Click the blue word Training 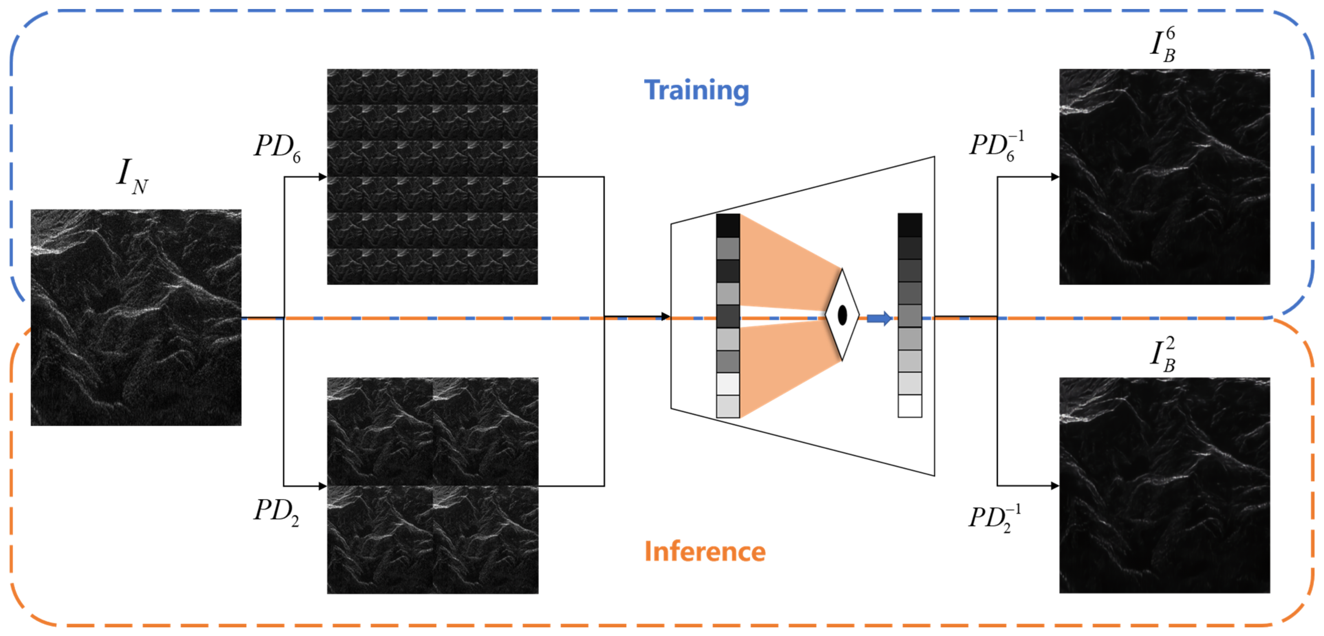[x=696, y=91]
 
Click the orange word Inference [x=705, y=551]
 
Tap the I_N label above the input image [x=132, y=176]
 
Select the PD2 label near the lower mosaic [x=276, y=511]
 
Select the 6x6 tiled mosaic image [x=432, y=176]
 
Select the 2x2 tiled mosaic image [x=432, y=485]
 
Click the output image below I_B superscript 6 [x=1164, y=176]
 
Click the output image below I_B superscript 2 [x=1164, y=485]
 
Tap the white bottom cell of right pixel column [x=910, y=406]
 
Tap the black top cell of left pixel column [x=728, y=225]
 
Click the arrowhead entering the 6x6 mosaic [x=323, y=177]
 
